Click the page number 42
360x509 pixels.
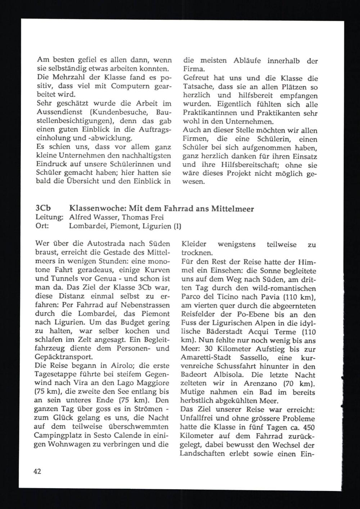click(37, 471)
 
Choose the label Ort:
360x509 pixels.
click(42, 227)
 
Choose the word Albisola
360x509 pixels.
click(229, 375)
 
